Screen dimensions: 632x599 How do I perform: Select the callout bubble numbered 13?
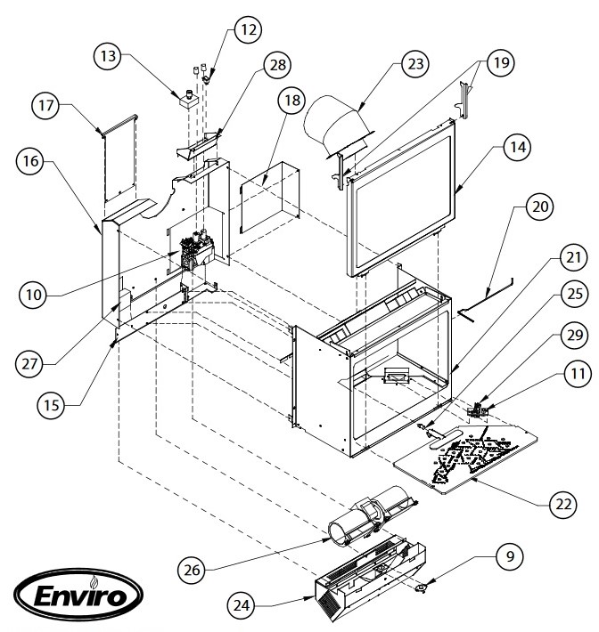(111, 57)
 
